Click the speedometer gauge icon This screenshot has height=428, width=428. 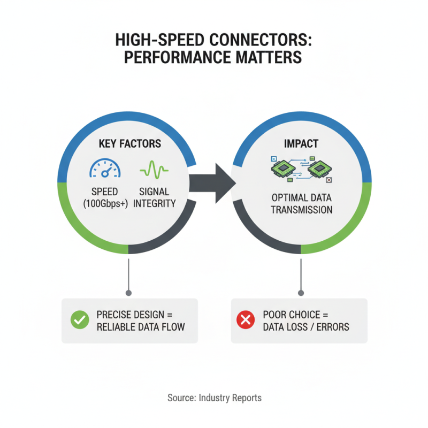pos(105,167)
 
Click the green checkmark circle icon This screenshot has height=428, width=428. pos(80,320)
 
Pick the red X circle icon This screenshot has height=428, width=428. pos(246,320)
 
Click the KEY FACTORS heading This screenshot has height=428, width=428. pos(130,144)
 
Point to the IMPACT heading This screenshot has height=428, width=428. pos(301,144)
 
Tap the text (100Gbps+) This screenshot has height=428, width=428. pos(105,203)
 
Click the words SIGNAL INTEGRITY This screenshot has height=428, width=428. pos(154,197)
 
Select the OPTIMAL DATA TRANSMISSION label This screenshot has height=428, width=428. pos(301,203)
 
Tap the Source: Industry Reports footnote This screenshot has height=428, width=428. pos(214,398)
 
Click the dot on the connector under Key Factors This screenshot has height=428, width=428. pos(128,293)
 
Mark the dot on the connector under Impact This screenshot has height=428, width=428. pos(301,293)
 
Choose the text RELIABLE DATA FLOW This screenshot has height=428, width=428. pos(141,326)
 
